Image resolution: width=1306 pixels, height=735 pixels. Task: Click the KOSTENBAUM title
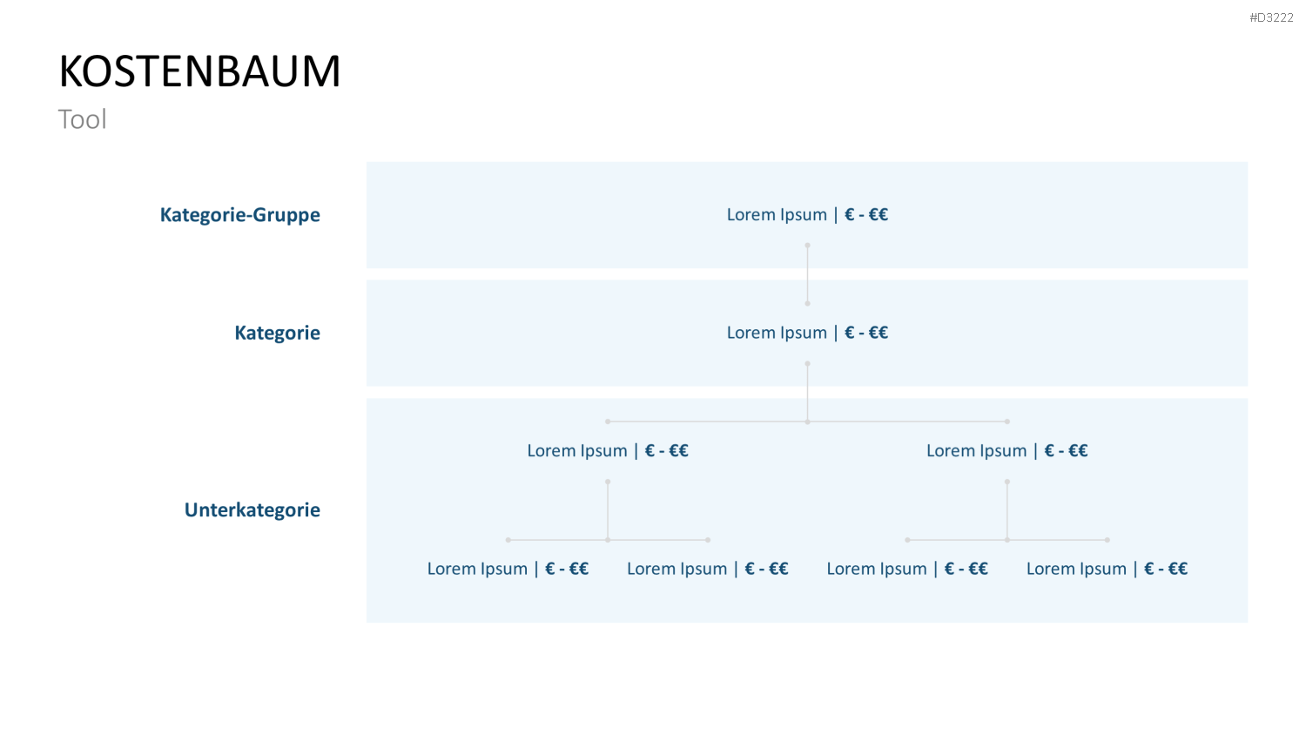coord(199,71)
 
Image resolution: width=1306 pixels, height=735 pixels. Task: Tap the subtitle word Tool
coord(82,119)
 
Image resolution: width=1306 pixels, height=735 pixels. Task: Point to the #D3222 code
coord(1271,17)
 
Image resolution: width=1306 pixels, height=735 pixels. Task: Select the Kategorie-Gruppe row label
coord(240,215)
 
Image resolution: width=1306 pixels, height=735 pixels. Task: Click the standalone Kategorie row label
coord(278,333)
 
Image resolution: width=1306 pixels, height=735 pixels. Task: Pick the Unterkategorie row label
coord(252,509)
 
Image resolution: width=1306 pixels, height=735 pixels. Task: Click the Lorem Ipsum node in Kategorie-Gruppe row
coord(807,215)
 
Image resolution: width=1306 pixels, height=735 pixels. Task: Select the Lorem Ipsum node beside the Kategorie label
coord(807,333)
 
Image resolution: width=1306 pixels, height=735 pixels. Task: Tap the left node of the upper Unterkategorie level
coord(608,450)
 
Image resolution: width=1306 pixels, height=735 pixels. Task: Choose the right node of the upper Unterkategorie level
coord(1006,450)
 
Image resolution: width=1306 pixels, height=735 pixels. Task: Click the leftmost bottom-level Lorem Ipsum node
coord(508,568)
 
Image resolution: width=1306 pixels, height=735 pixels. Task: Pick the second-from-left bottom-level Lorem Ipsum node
coord(708,568)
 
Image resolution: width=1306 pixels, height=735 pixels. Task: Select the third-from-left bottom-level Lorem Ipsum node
coord(907,568)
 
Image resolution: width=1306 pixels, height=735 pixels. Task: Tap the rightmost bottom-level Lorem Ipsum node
coord(1107,568)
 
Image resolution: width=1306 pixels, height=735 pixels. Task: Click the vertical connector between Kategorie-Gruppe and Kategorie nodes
coord(807,274)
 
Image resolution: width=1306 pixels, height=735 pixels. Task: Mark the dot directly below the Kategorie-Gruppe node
coord(807,245)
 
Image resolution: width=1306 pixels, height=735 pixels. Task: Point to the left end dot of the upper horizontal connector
coord(608,421)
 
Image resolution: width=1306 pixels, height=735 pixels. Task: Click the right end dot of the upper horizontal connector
coord(1006,421)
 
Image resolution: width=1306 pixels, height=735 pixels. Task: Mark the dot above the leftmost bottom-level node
coord(508,540)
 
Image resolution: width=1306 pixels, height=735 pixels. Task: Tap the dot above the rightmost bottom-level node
coord(1107,540)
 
